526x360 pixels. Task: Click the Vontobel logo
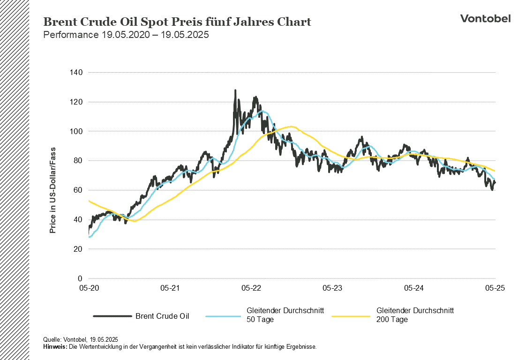point(485,18)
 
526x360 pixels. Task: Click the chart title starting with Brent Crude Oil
point(177,22)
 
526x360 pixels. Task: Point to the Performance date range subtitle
point(126,35)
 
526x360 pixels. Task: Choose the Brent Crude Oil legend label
point(162,316)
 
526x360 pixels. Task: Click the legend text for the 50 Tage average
point(286,315)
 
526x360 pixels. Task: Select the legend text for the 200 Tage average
point(415,315)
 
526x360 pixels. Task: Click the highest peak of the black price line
point(235,90)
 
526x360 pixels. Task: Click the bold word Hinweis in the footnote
point(54,347)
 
